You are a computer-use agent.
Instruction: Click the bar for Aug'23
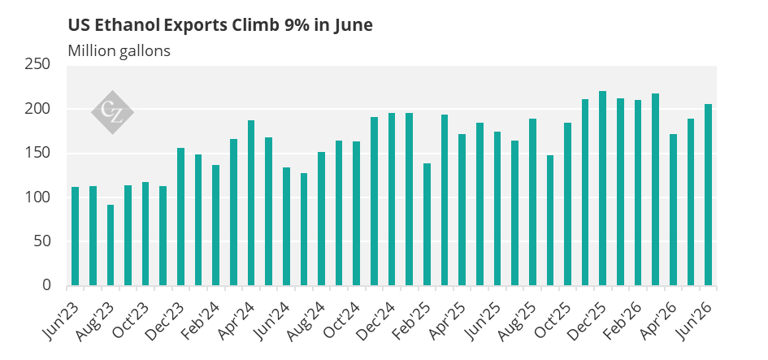(x=111, y=245)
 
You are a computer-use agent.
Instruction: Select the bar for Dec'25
(x=602, y=188)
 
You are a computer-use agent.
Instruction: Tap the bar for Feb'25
(x=427, y=224)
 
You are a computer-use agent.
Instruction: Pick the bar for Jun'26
(x=708, y=195)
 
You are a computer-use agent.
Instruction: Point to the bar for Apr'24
(x=251, y=203)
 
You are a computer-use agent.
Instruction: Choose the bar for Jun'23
(x=76, y=236)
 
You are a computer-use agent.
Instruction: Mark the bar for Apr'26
(x=673, y=210)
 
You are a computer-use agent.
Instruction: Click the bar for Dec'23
(x=180, y=216)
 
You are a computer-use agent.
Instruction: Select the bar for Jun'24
(x=286, y=226)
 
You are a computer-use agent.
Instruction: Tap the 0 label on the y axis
(x=46, y=285)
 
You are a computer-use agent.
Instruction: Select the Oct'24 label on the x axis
(x=342, y=321)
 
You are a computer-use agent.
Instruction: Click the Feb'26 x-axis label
(x=623, y=321)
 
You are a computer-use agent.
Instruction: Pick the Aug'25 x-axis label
(x=518, y=321)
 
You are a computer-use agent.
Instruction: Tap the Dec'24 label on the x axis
(x=377, y=321)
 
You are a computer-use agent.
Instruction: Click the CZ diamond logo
(x=112, y=112)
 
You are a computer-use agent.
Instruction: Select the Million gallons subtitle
(x=119, y=51)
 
